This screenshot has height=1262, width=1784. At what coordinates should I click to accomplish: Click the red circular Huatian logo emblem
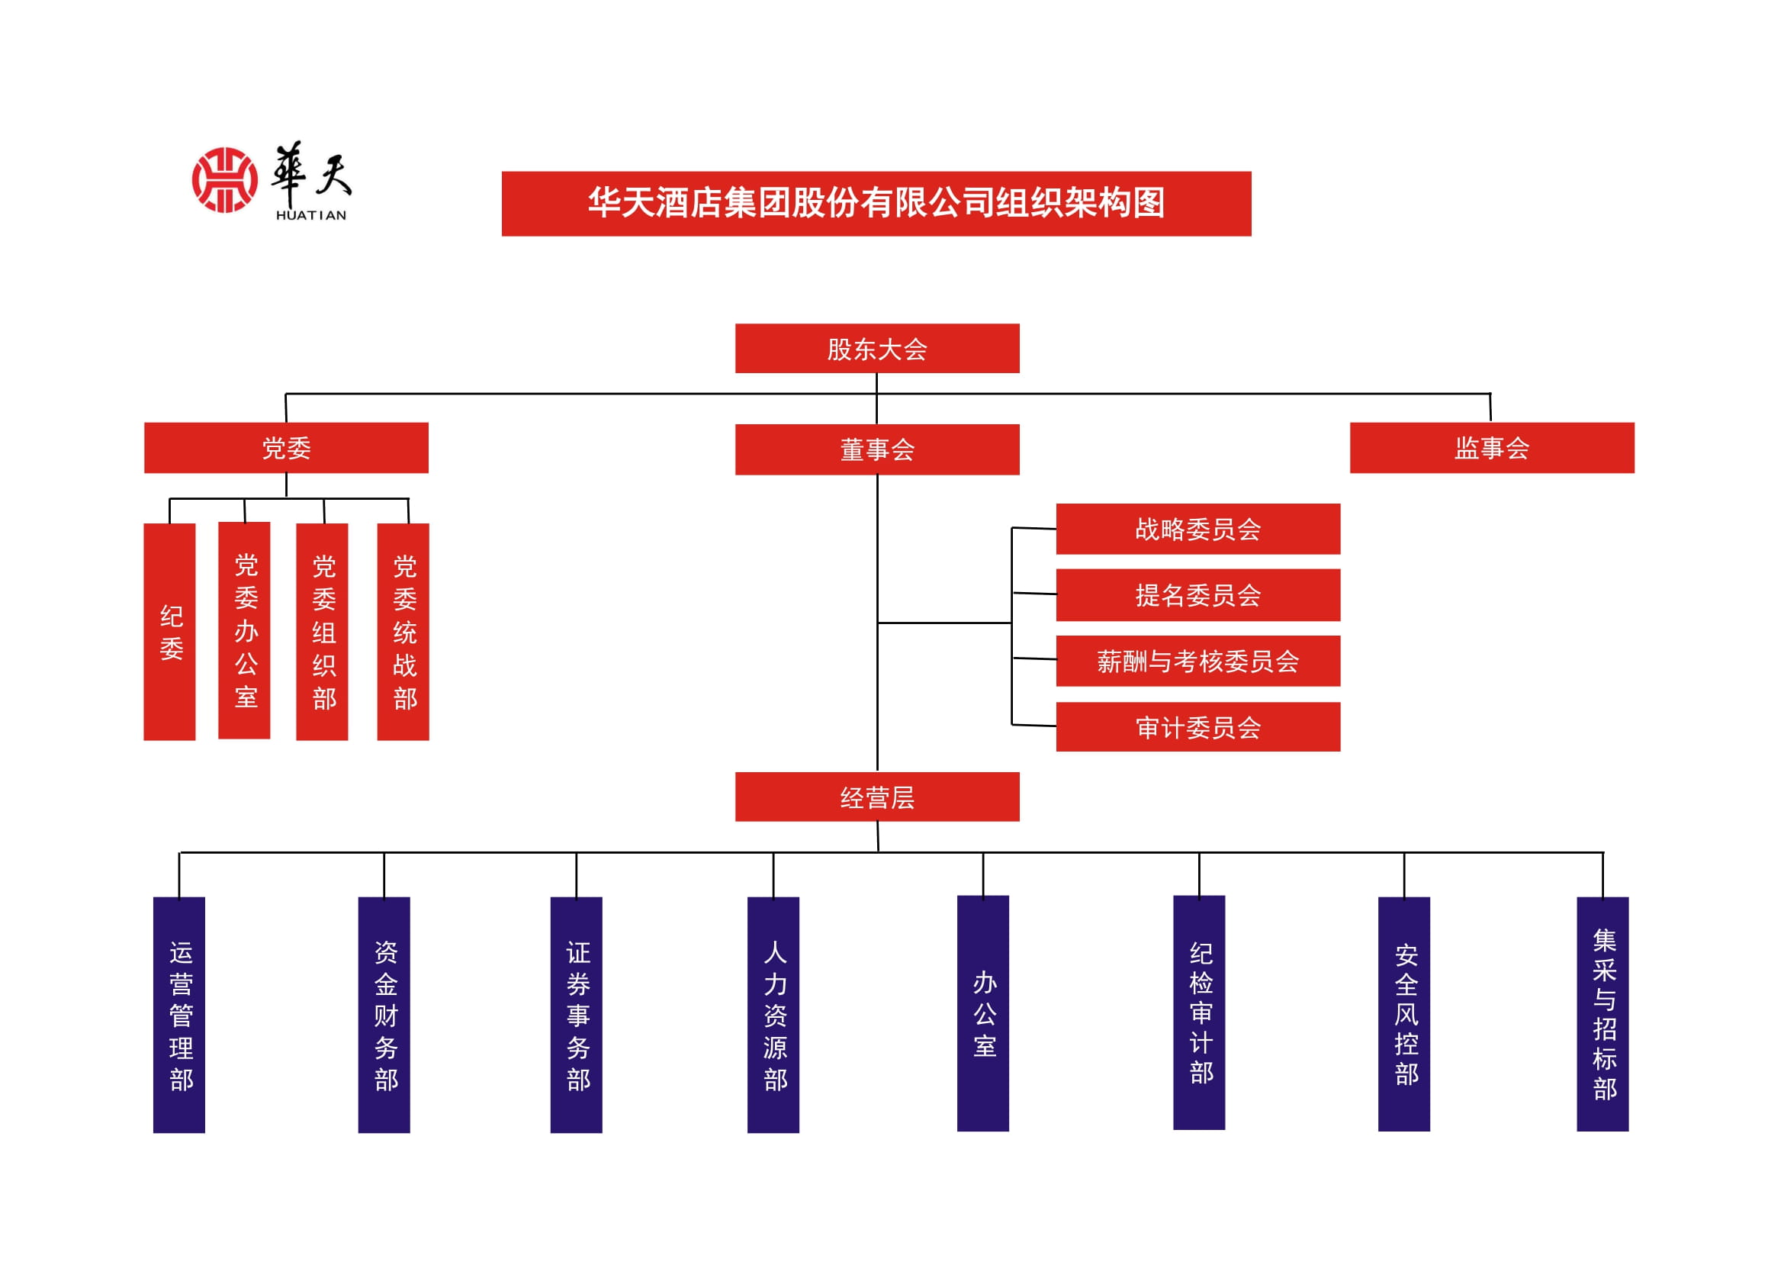tap(224, 179)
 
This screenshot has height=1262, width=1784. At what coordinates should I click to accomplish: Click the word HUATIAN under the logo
tap(310, 215)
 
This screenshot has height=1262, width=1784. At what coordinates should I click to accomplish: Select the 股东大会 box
tap(876, 348)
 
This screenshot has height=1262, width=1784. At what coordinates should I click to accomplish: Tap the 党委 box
tap(286, 448)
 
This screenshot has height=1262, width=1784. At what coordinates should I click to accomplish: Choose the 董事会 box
tap(876, 449)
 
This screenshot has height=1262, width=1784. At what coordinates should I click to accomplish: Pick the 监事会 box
tap(1491, 448)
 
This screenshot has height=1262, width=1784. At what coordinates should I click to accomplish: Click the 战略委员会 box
tap(1197, 529)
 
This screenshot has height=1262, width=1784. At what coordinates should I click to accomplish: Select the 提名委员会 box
tap(1197, 594)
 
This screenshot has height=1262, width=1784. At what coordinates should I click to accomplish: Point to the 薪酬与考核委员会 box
tap(1197, 661)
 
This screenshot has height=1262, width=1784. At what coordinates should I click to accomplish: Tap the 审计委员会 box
tap(1197, 726)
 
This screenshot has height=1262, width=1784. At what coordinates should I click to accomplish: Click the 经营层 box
tap(876, 797)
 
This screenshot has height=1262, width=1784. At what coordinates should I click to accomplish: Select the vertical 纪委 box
tap(169, 631)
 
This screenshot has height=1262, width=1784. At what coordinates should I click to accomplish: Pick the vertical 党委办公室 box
tap(244, 629)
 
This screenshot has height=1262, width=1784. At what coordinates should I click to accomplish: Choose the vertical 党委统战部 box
tap(403, 631)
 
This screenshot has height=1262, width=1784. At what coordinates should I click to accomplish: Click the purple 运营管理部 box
tap(178, 1014)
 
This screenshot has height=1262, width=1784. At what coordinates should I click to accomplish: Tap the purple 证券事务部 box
tap(576, 1014)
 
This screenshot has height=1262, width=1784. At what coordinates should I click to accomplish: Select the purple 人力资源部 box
tap(773, 1014)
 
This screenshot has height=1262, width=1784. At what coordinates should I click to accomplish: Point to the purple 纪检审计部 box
tap(1198, 1012)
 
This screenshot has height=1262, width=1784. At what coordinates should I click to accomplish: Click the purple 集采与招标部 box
tap(1602, 1013)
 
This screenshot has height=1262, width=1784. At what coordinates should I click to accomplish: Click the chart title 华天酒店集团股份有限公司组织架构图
tap(876, 203)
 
